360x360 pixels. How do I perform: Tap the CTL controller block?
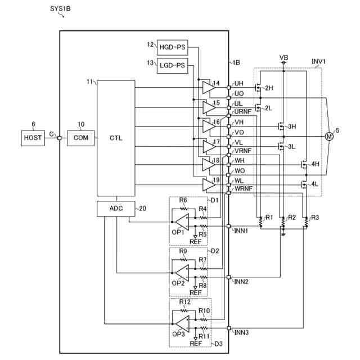tap(116, 137)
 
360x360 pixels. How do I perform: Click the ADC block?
tap(116, 208)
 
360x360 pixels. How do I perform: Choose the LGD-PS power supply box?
tap(172, 65)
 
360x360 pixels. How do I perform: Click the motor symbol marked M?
tap(329, 136)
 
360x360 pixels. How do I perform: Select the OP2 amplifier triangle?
tap(182, 272)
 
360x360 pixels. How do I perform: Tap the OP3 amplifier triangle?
tap(182, 323)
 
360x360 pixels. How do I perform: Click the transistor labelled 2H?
tap(259, 88)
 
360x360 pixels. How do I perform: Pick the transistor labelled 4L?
tap(304, 184)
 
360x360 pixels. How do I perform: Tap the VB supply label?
tap(283, 58)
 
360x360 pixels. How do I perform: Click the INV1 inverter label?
tap(319, 61)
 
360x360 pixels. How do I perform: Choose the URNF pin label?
tap(243, 112)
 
